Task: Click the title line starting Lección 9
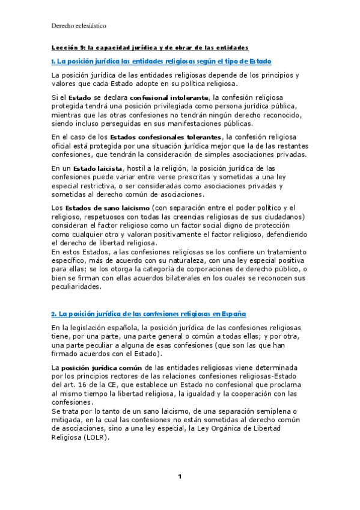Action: coord(150,47)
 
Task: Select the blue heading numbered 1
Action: coord(161,61)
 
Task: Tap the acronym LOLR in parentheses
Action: coord(96,438)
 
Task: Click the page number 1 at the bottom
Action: coord(179,477)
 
